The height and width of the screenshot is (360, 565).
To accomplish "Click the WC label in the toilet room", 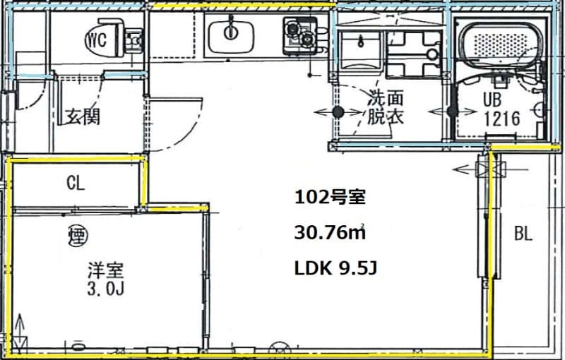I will (97, 39).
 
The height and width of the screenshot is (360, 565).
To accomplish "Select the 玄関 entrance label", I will (83, 116).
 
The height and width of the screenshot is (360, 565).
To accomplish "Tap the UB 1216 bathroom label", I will (501, 109).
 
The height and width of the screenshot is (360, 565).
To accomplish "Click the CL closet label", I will (76, 184).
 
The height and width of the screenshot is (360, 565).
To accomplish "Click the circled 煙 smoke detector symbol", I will (77, 233).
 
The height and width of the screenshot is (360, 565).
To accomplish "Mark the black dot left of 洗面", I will (338, 112).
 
